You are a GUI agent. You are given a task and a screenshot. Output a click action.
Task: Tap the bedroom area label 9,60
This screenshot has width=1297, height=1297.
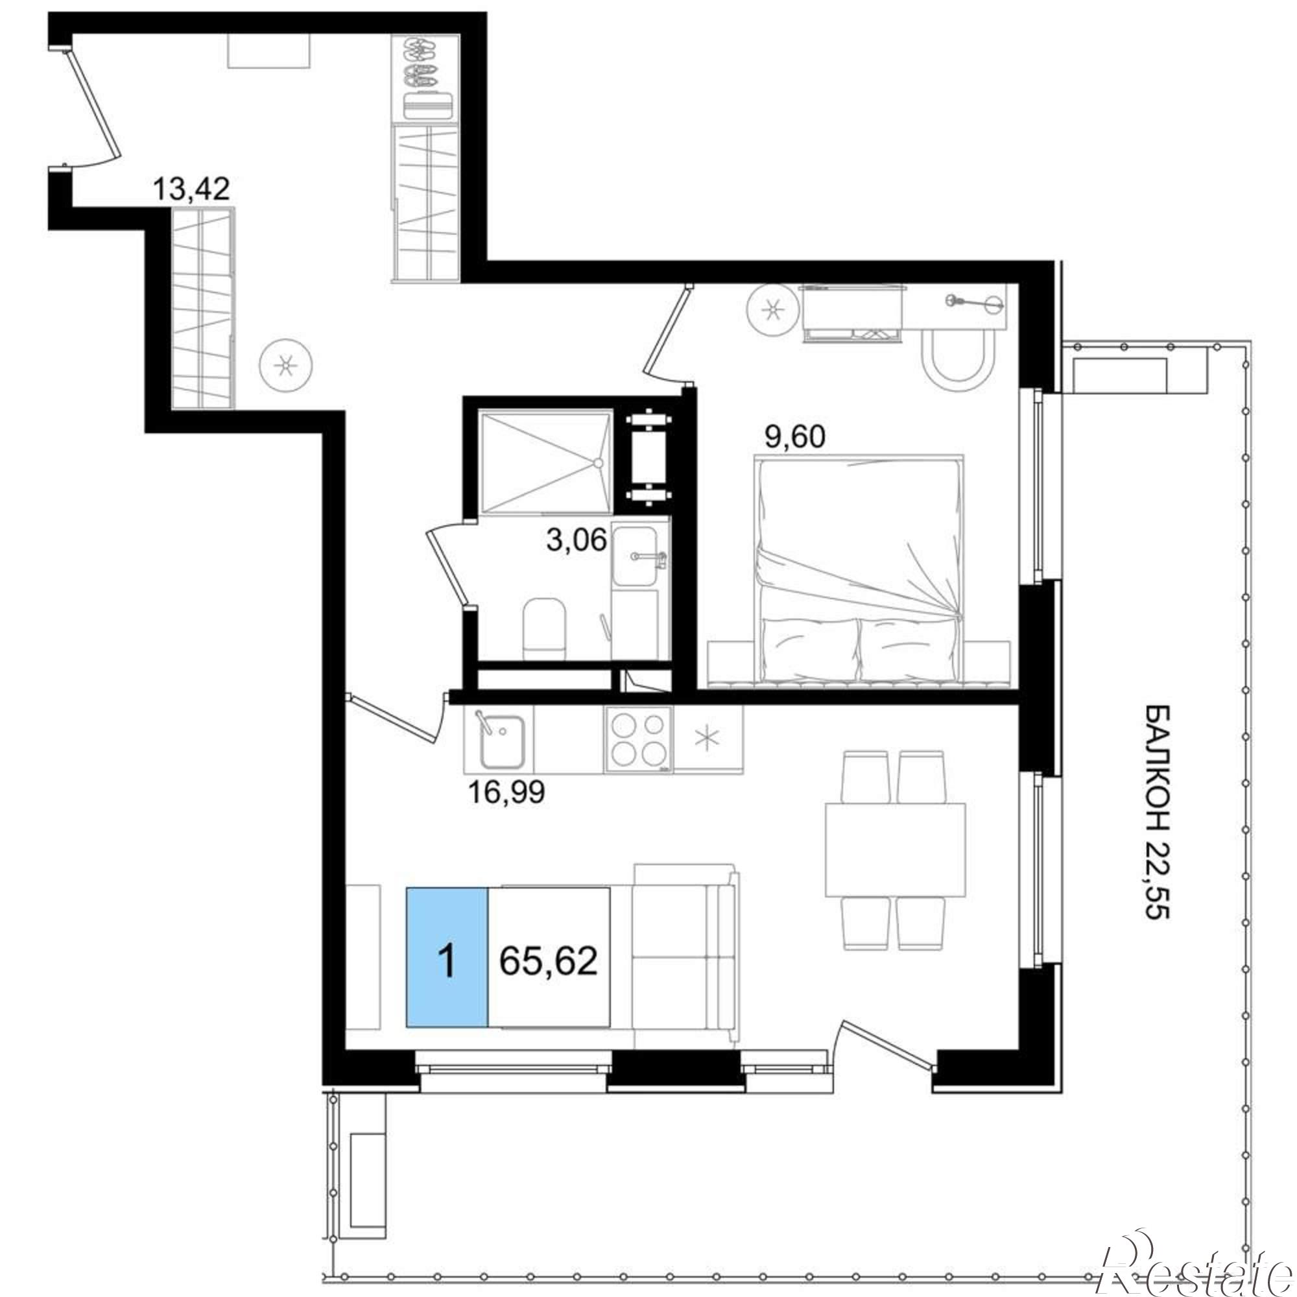[794, 438]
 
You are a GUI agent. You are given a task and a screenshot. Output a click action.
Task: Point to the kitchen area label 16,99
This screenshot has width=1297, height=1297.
[506, 793]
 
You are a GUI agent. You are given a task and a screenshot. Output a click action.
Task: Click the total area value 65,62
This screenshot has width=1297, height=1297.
[549, 961]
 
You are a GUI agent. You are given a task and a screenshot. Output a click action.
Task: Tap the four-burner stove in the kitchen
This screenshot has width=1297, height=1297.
[637, 739]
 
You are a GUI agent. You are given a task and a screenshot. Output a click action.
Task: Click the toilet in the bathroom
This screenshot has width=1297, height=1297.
[545, 628]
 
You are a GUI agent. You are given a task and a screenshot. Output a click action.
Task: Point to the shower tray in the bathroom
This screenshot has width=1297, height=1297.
[545, 463]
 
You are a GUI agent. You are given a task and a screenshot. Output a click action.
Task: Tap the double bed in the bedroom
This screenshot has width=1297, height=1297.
[860, 569]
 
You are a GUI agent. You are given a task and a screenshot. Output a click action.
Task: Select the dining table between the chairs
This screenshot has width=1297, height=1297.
[896, 850]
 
